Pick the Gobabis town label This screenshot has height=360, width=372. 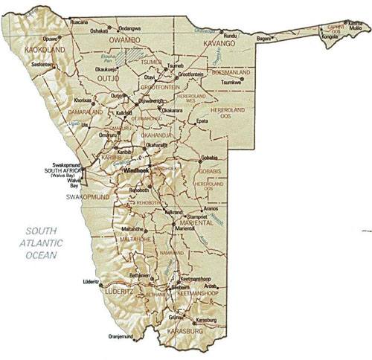tap(209, 158)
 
